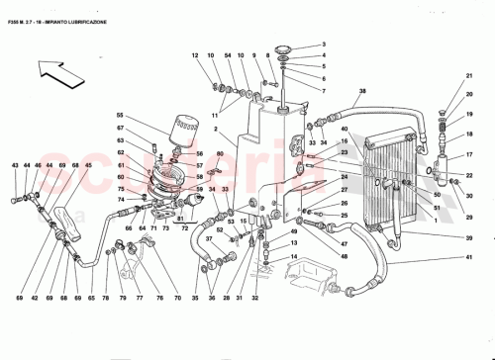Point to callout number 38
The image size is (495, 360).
tap(362, 91)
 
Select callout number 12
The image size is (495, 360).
tap(196, 55)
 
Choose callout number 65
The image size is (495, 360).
tap(91, 297)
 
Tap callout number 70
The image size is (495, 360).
tap(176, 297)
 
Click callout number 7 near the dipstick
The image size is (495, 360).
tap(323, 91)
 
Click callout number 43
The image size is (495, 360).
tap(15, 164)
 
